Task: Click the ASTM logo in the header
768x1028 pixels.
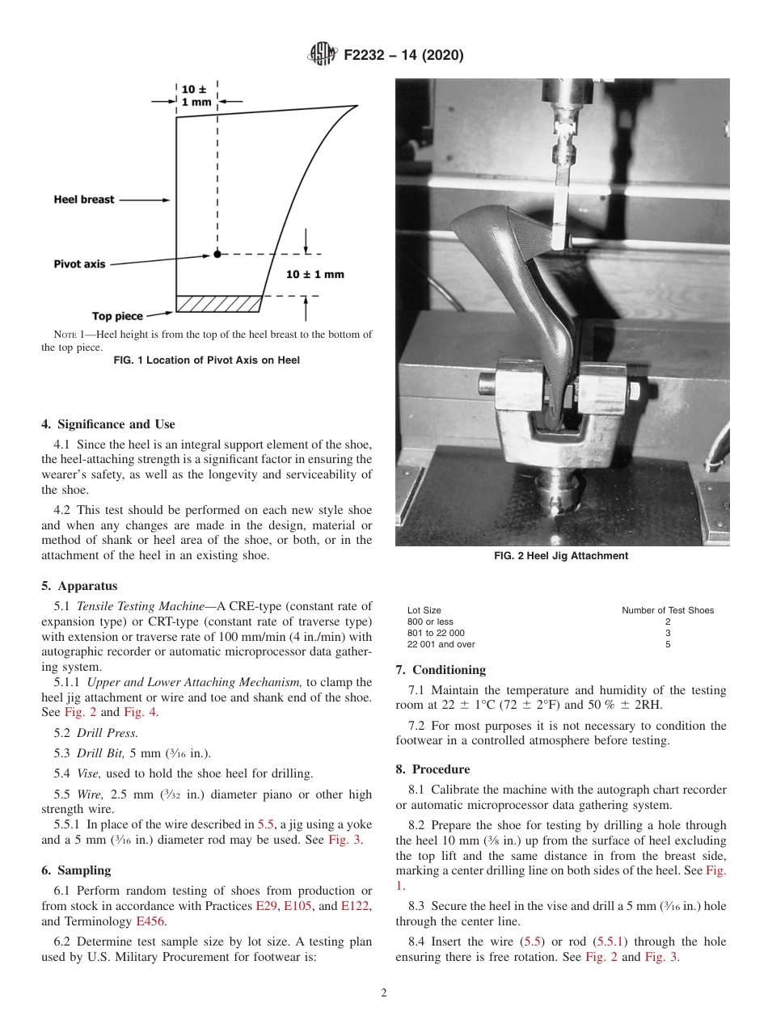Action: click(x=323, y=55)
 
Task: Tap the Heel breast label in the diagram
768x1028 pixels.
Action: click(x=84, y=199)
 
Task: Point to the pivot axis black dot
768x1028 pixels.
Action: click(x=217, y=254)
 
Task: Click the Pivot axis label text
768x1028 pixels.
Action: click(x=79, y=264)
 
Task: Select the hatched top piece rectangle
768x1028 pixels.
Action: click(x=218, y=304)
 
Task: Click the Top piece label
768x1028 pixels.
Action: click(x=117, y=316)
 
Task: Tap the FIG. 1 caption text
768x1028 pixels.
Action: click(x=207, y=360)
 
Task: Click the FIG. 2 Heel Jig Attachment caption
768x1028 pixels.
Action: click(x=561, y=556)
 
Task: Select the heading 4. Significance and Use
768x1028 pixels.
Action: click(x=108, y=424)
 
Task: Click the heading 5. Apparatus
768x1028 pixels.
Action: click(x=79, y=586)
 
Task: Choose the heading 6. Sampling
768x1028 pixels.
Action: click(x=76, y=870)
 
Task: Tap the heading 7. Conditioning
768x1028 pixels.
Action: click(x=441, y=670)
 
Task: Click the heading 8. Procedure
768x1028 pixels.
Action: click(x=433, y=769)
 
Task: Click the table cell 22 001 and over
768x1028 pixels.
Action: click(x=441, y=644)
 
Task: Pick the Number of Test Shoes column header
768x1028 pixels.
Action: click(x=668, y=610)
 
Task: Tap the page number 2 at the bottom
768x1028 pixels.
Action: click(x=384, y=993)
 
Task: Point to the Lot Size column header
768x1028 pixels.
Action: click(x=424, y=610)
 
